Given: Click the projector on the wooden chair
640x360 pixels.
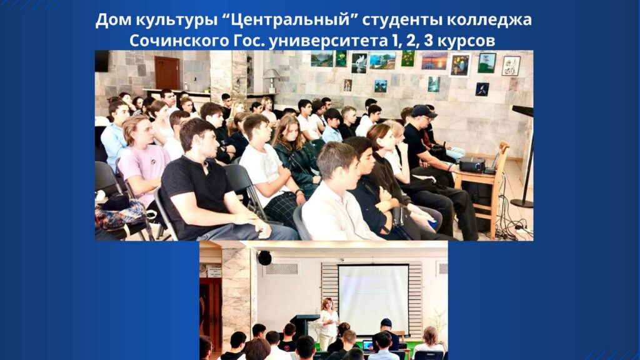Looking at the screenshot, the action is tap(472, 164).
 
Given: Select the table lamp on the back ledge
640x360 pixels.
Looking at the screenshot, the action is tap(271, 80).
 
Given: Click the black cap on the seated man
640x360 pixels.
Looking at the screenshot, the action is tap(423, 111).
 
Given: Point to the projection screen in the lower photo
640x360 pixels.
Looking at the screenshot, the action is tap(374, 299).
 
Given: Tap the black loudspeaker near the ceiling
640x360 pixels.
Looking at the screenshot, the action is tap(264, 257).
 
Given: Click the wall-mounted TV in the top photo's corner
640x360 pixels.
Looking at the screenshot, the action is tap(102, 61).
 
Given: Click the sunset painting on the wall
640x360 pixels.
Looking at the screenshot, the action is tap(434, 61).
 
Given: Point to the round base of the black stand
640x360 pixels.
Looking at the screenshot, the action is tap(522, 203).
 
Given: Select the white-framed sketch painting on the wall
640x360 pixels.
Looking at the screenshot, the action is tap(511, 66).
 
